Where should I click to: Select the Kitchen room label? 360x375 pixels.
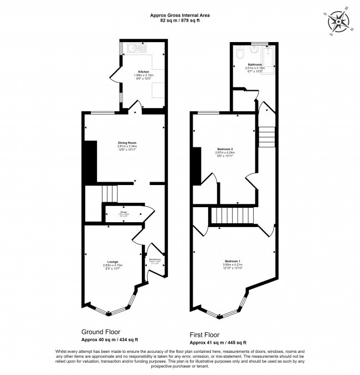coord(143,72)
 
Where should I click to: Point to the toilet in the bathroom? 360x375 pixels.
coord(239,53)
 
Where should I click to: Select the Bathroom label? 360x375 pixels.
coord(255,64)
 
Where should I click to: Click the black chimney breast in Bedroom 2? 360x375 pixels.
coord(196,166)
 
